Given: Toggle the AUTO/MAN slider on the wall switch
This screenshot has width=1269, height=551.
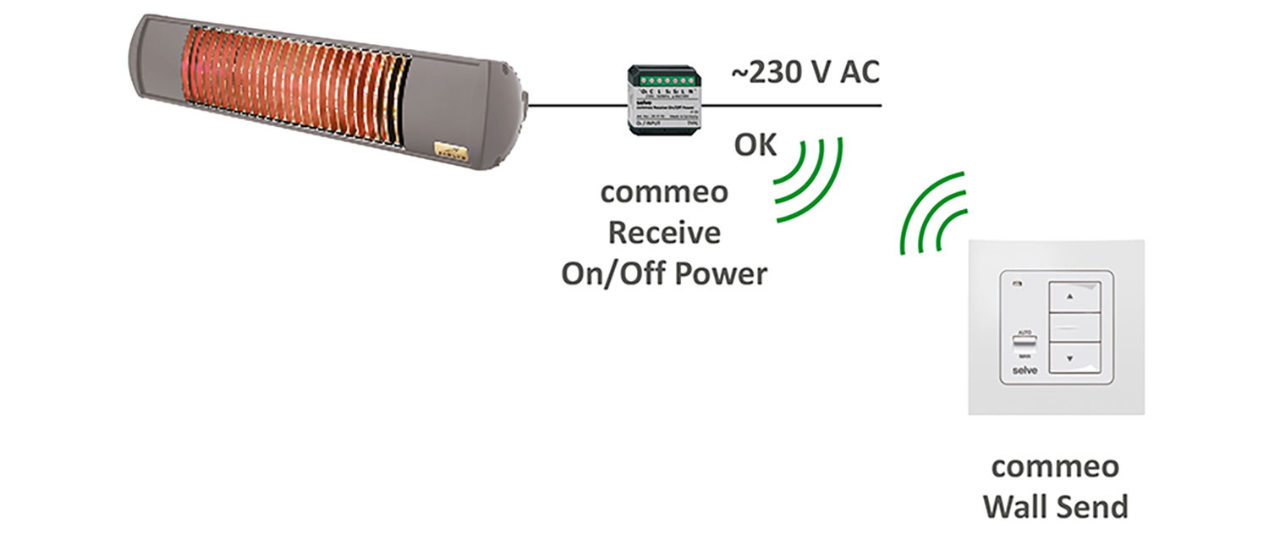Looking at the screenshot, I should (x=1024, y=344).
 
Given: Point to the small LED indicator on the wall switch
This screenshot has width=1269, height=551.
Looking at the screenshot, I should (x=1014, y=284).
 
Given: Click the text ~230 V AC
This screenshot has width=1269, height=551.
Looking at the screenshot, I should (x=805, y=74).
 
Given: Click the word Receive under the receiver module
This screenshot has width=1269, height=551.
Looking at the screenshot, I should (x=664, y=232).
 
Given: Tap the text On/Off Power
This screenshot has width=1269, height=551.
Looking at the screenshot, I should (x=664, y=273).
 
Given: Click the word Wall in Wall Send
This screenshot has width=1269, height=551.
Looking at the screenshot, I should (x=1018, y=507).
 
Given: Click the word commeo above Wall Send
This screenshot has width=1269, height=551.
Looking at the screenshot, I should (x=1055, y=466).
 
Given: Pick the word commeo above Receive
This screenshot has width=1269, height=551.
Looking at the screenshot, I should (x=664, y=191).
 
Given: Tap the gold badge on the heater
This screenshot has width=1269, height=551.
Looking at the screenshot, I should (x=451, y=150).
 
